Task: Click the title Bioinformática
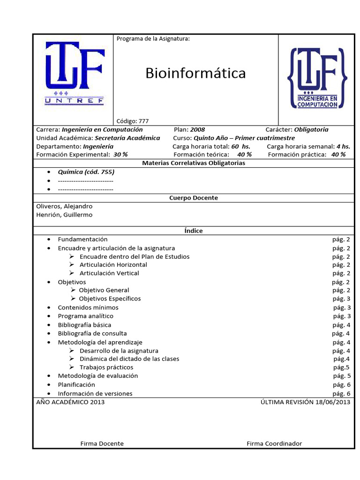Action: tap(195, 73)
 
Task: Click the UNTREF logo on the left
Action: tap(75, 73)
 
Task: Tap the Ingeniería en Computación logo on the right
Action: tap(318, 78)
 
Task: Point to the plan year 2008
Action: tap(197, 129)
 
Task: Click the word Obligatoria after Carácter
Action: tap(311, 129)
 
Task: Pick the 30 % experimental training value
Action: tap(120, 155)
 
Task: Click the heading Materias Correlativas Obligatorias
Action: tap(193, 163)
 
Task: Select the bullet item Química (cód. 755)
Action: tap(86, 172)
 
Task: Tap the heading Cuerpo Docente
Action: tap(193, 198)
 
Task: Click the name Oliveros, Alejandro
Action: tap(64, 206)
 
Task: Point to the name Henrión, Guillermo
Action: tap(64, 215)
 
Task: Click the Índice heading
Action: tap(193, 231)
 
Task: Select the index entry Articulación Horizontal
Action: tap(113, 265)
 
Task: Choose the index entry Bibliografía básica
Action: tap(84, 325)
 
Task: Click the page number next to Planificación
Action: tap(341, 385)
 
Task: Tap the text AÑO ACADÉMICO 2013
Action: tap(70, 402)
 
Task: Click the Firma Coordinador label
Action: tap(274, 443)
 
